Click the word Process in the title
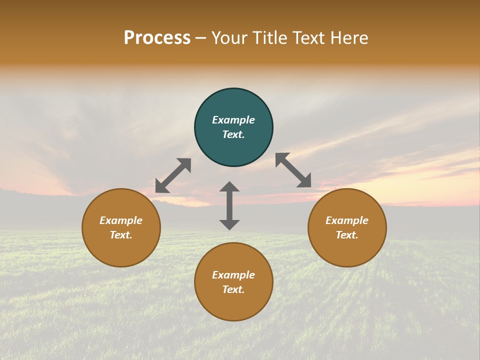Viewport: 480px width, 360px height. [x=157, y=38]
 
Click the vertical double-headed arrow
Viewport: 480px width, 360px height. [x=229, y=205]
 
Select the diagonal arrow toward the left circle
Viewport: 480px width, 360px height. [x=173, y=175]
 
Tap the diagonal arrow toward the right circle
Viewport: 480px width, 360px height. [x=293, y=170]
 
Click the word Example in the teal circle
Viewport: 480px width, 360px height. [x=233, y=120]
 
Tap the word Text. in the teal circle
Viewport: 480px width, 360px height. [x=233, y=134]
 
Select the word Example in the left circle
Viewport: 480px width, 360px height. [x=121, y=220]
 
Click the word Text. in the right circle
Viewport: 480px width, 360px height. [x=347, y=235]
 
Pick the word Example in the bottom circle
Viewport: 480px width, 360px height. [x=233, y=275]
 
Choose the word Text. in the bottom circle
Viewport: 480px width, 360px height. [x=233, y=289]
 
